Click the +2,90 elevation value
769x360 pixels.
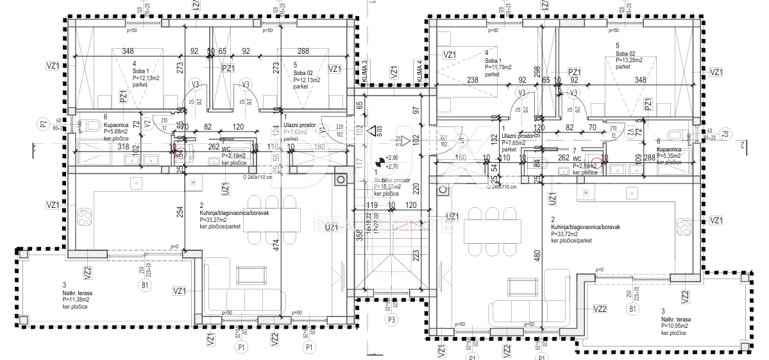(393, 157)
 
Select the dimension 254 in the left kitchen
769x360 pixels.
(180, 212)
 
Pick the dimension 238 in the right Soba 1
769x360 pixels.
(473, 81)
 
